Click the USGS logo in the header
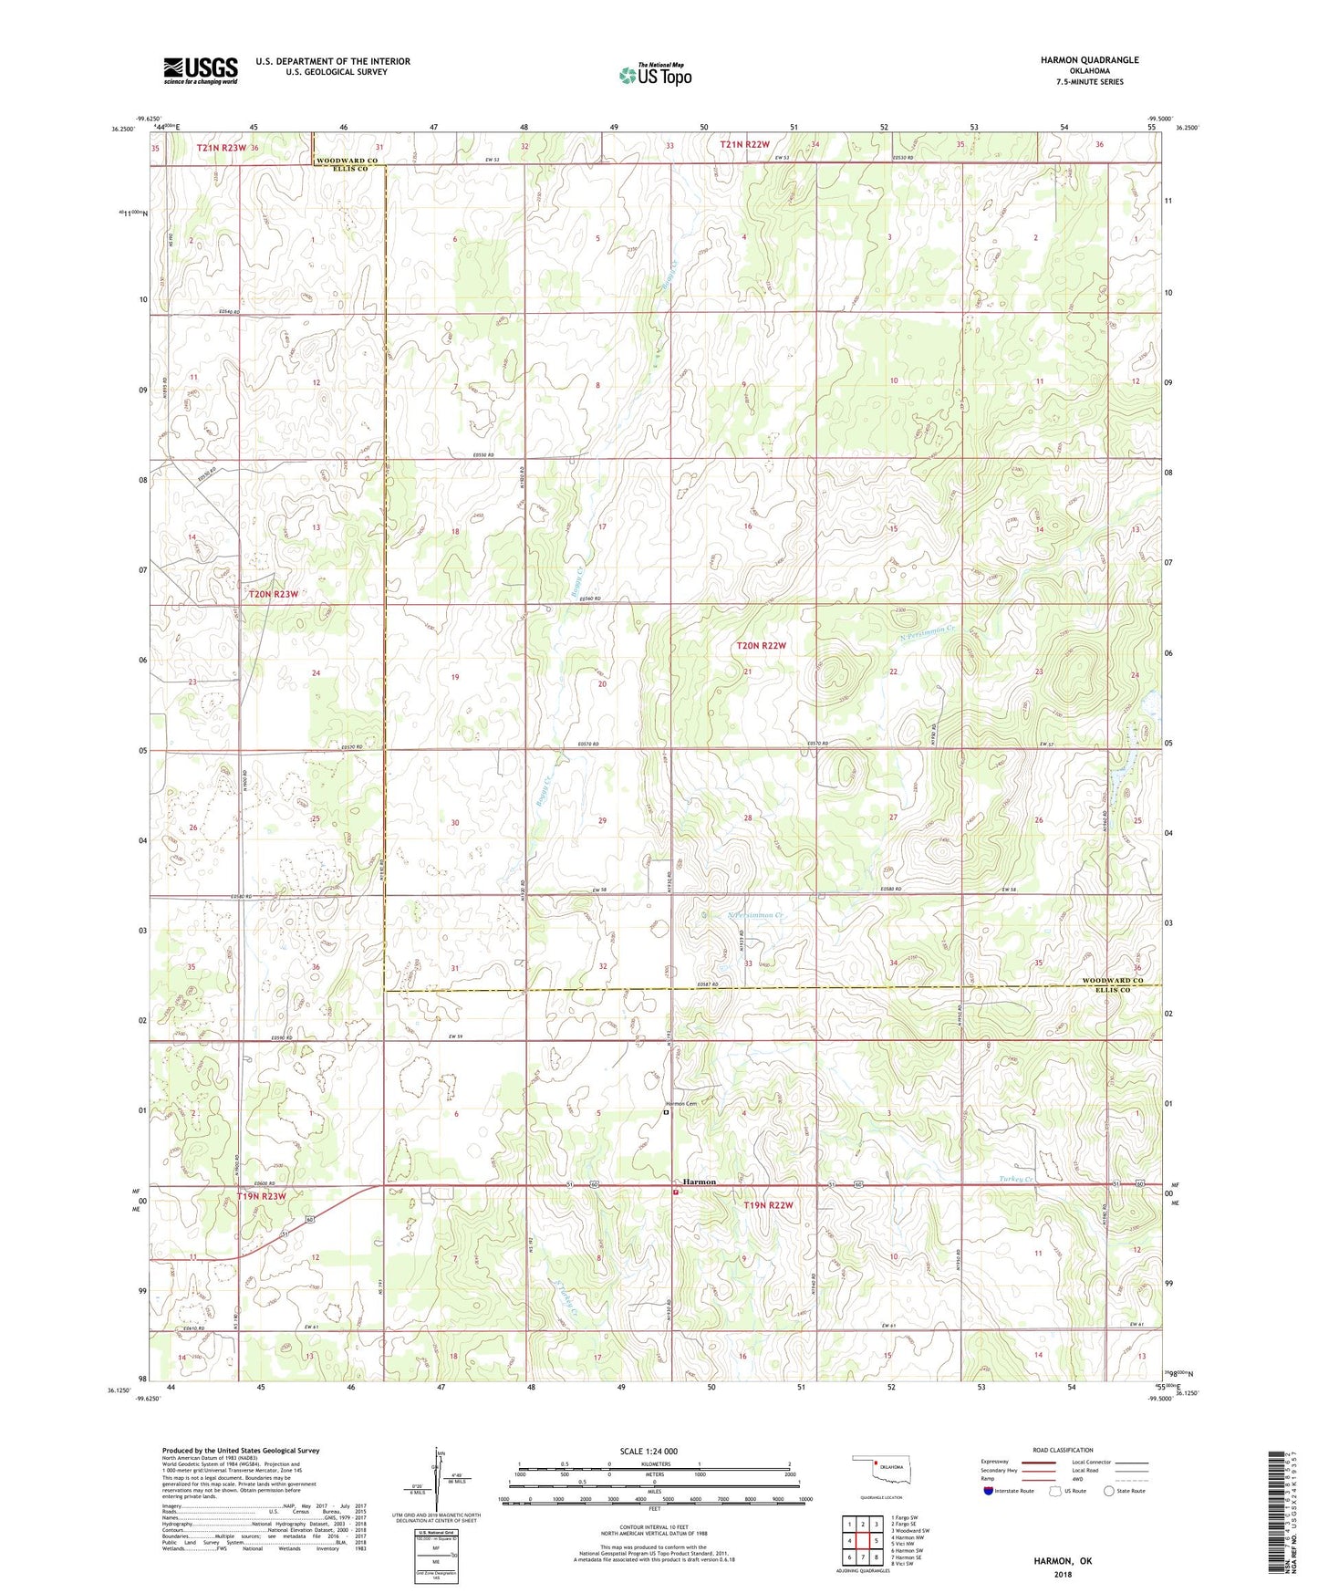pos(200,70)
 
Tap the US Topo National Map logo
pos(655,74)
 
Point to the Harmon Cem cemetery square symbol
pos(666,1112)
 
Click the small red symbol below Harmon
pos(675,1192)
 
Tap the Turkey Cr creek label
pos(1014,1179)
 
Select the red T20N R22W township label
pos(761,645)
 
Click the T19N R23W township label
pos(262,1196)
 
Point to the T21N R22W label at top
pos(744,144)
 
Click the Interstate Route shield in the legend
pos(990,1491)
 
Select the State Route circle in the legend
pos(1109,1491)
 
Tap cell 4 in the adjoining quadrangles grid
pos(849,1541)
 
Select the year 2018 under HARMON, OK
pos(1063,1575)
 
